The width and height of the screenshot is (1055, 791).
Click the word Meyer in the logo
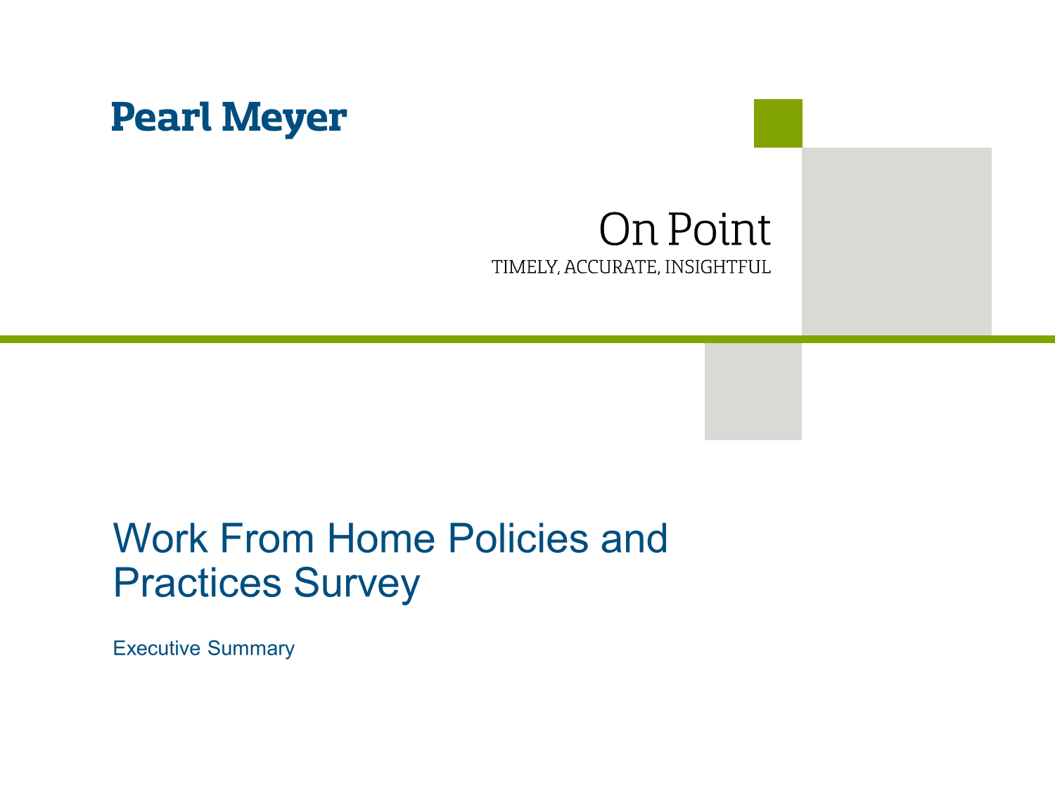(x=284, y=118)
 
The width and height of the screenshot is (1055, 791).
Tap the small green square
(x=778, y=123)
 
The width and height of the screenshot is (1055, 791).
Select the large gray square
(x=897, y=241)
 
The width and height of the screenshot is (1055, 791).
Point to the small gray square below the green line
(x=753, y=391)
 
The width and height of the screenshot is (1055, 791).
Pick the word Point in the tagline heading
(x=719, y=229)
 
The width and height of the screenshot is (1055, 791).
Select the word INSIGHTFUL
(x=717, y=267)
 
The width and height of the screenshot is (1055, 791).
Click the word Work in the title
(x=160, y=539)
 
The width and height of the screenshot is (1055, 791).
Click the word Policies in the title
(x=518, y=539)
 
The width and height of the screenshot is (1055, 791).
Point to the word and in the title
(x=634, y=539)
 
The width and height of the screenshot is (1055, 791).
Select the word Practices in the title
(x=197, y=583)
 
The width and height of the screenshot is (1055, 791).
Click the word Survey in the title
(x=357, y=584)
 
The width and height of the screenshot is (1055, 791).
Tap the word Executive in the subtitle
(x=157, y=648)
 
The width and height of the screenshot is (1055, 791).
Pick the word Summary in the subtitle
(x=251, y=649)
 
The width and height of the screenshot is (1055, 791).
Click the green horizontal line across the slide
(x=352, y=339)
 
